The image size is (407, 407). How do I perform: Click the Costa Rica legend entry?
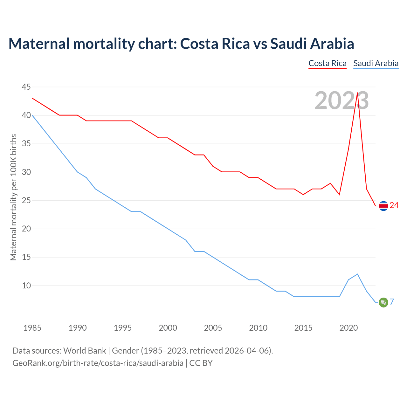[327, 63]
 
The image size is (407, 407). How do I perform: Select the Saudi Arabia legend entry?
[376, 63]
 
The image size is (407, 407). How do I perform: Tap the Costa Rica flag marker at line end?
[383, 206]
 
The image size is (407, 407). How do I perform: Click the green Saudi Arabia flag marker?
[383, 302]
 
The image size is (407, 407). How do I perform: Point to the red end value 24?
[394, 205]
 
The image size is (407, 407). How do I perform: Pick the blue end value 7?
[392, 302]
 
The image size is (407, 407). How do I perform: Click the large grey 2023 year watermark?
[341, 100]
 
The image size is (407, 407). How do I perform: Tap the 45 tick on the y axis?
[26, 87]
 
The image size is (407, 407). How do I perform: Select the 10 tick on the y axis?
[26, 286]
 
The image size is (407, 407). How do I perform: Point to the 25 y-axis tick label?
[26, 201]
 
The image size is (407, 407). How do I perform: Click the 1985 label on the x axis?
[32, 328]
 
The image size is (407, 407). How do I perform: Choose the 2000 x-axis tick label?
[168, 328]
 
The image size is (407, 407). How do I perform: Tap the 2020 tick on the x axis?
[348, 328]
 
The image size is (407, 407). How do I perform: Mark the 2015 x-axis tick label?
[303, 328]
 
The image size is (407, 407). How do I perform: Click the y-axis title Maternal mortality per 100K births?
[13, 197]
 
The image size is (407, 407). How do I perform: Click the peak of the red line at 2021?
[357, 93]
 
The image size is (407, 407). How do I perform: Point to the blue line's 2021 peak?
[357, 274]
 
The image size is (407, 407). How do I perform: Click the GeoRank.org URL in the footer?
[98, 363]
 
